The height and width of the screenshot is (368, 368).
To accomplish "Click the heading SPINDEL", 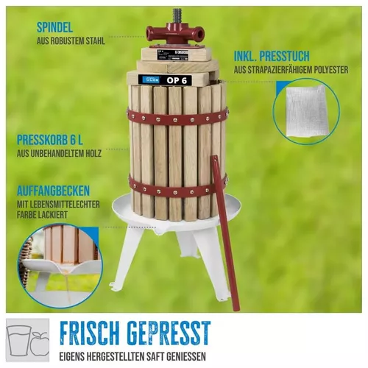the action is [x=54, y=27].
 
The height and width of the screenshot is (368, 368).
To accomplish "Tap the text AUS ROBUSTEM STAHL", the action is [x=71, y=41].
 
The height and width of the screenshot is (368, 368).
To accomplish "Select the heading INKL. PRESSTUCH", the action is [x=272, y=56].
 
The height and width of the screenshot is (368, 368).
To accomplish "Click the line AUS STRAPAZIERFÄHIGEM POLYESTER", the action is [x=291, y=70].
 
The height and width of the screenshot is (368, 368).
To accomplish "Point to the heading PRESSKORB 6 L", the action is [x=50, y=140].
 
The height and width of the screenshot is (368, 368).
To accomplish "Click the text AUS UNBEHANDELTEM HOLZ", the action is [x=59, y=154].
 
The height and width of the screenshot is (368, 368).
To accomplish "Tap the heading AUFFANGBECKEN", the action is [x=53, y=191].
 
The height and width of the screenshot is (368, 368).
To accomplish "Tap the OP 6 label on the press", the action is [x=177, y=80].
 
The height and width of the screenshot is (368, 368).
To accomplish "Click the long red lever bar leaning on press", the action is [x=224, y=233].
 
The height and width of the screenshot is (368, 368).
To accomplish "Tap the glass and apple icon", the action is [x=27, y=340].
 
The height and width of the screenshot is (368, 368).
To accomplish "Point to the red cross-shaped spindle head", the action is [x=175, y=34].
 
